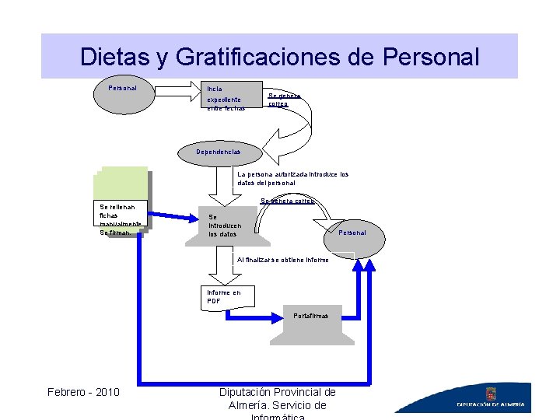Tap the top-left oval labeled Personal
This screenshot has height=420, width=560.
coord(123,88)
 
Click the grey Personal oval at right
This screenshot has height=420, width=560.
coord(352,233)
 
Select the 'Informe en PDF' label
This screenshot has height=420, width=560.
coord(223,296)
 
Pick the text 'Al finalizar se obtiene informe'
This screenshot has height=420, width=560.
coord(282,259)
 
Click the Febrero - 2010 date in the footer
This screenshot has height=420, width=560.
coord(83,391)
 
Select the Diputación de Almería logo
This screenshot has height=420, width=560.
coord(491,398)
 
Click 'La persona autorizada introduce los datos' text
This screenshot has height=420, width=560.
coord(292,178)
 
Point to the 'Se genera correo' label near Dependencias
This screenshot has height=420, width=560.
coord(283,100)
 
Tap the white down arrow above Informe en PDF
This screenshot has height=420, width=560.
coord(225,268)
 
